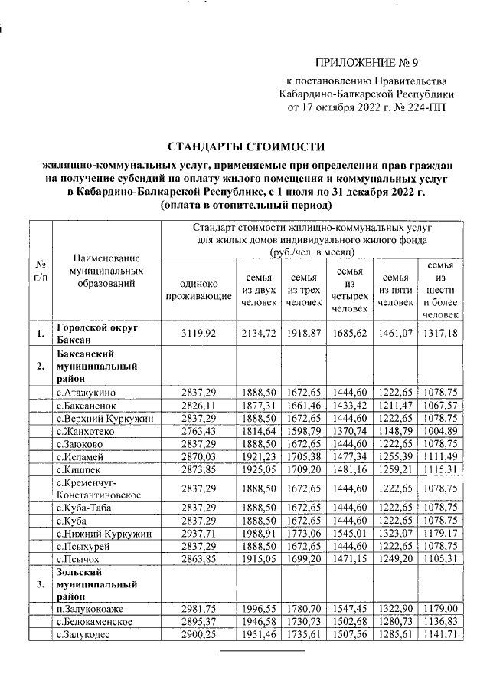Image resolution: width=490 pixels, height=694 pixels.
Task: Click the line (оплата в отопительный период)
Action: pyautogui.click(x=246, y=206)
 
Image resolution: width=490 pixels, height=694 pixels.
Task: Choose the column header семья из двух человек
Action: pyautogui.click(x=257, y=289)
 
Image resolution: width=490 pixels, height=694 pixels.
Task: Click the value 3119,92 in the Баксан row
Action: pyautogui.click(x=199, y=333)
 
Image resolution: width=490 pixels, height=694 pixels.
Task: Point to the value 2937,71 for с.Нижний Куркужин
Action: pyautogui.click(x=199, y=533)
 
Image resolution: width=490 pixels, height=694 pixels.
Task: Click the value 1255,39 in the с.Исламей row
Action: pyautogui.click(x=395, y=455)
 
